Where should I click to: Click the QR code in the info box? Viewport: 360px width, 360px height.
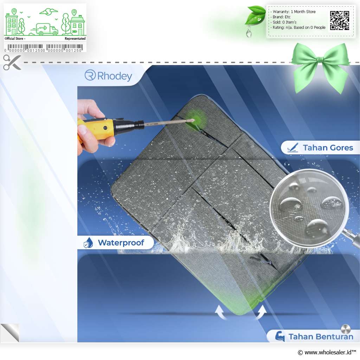coord(340,20)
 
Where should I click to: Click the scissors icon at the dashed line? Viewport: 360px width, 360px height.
coord(12,62)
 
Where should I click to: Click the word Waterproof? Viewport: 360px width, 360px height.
coord(121,243)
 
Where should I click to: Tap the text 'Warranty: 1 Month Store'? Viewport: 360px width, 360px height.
coord(294,12)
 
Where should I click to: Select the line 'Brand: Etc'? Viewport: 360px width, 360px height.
coord(282,17)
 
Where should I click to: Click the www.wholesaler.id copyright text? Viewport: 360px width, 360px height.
coord(327,352)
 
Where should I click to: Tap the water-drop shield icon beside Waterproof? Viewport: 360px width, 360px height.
coord(88,243)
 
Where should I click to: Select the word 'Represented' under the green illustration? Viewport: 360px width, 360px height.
coord(75,39)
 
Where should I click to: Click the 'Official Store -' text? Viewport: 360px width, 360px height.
coord(15,39)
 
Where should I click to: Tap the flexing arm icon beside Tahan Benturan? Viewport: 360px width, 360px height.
coord(280,336)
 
